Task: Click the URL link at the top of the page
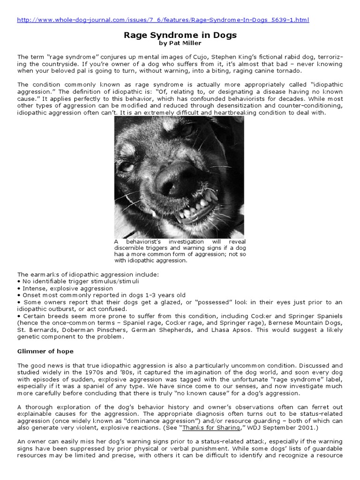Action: pos(163,20)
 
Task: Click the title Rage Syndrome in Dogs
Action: pos(180,35)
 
